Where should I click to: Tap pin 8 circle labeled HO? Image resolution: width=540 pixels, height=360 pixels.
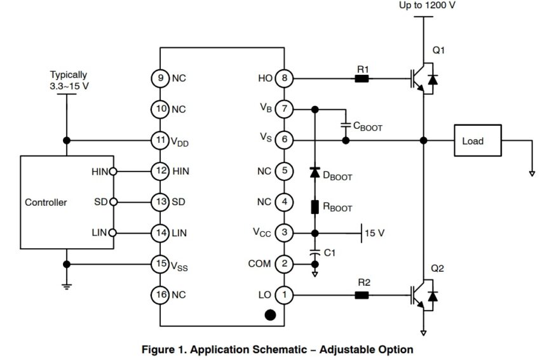pos(284,79)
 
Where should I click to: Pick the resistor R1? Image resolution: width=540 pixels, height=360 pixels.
pos(361,79)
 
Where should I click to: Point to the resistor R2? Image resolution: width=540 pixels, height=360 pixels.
pos(361,295)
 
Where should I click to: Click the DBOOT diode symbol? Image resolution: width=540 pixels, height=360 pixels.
pos(314,173)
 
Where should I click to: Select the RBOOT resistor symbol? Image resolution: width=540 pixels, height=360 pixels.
pos(314,207)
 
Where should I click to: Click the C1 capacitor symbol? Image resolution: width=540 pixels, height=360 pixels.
pos(314,251)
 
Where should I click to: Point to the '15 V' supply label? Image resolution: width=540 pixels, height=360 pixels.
pos(375,233)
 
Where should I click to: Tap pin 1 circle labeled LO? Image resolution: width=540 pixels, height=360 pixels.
pos(284,295)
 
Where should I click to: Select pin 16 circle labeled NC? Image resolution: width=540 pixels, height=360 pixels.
pos(159,295)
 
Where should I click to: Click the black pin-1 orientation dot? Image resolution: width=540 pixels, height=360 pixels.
pos(270,314)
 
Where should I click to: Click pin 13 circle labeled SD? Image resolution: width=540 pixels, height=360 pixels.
pos(159,203)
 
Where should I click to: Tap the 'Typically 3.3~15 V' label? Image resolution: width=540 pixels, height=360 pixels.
pos(68,80)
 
